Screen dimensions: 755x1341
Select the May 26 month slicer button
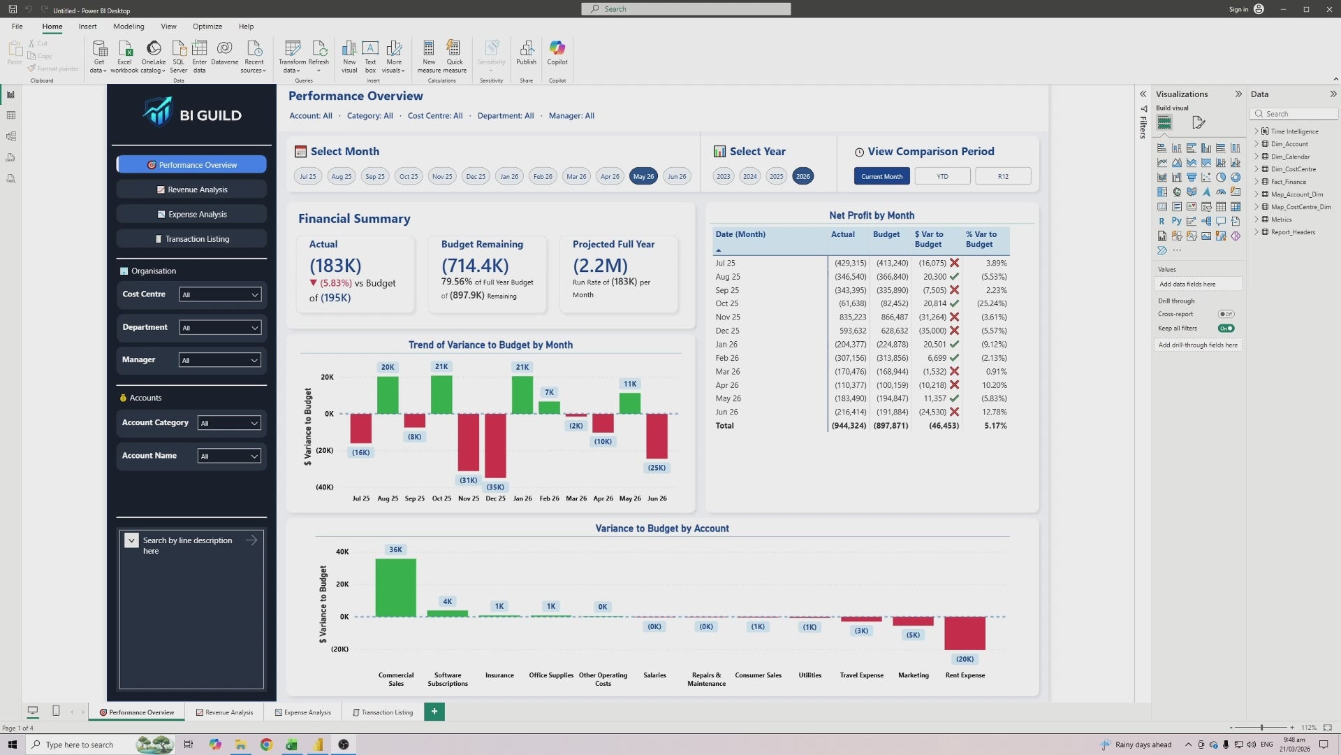coord(643,177)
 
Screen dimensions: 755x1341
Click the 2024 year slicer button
coord(749,177)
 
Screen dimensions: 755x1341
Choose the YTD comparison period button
coord(942,177)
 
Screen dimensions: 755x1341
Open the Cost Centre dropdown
coord(220,295)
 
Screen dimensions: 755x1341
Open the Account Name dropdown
coord(229,456)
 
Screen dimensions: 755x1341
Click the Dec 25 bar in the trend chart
coord(495,445)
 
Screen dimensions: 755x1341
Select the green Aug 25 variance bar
coord(388,395)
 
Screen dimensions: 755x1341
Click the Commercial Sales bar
coord(395,587)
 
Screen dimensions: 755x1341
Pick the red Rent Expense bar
coord(965,633)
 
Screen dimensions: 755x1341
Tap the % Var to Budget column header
coord(981,239)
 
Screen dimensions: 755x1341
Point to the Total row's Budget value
coord(891,426)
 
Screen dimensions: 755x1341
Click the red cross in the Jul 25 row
coord(954,264)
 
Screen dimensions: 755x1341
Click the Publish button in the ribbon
coord(526,53)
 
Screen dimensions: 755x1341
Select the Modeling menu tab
coord(129,27)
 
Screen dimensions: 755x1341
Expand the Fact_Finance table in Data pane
coord(1256,182)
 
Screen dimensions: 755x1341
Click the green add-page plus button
coord(434,712)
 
